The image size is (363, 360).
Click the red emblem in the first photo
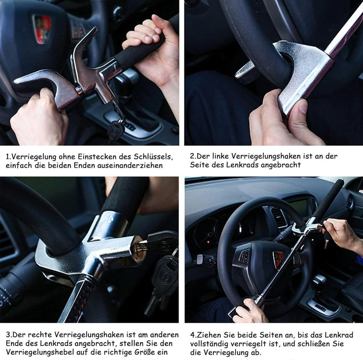[42, 29]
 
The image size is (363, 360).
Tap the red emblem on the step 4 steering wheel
[278, 260]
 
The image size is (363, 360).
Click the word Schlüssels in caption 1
[153, 157]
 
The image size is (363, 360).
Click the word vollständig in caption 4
[209, 344]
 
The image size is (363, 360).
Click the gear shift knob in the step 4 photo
[319, 281]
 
